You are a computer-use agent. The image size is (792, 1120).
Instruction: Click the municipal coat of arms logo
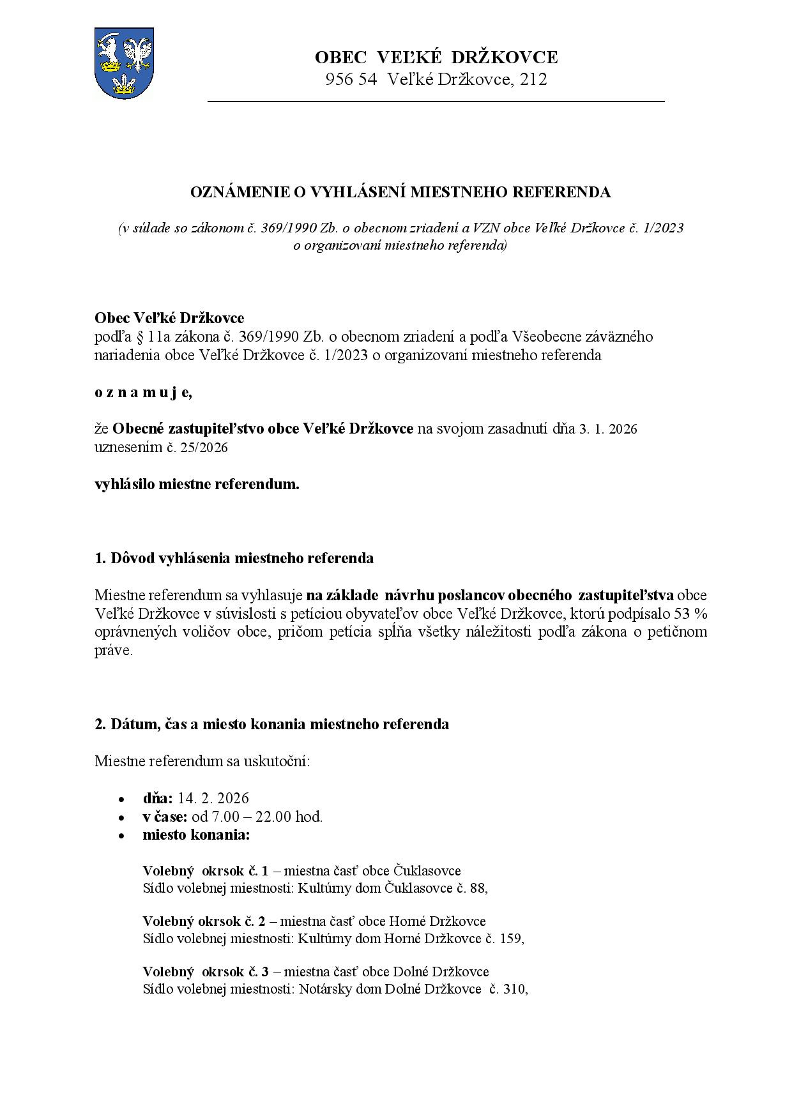click(124, 63)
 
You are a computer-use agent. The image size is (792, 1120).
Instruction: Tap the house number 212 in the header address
click(533, 80)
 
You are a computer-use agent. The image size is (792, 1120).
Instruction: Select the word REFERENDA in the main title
click(568, 192)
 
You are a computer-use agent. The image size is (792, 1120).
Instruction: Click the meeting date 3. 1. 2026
click(608, 429)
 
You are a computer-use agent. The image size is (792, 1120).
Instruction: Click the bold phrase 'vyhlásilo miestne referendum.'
click(197, 484)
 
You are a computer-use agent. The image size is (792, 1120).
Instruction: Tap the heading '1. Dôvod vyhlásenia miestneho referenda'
click(234, 558)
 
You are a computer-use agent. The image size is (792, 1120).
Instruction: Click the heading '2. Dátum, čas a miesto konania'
click(271, 724)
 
